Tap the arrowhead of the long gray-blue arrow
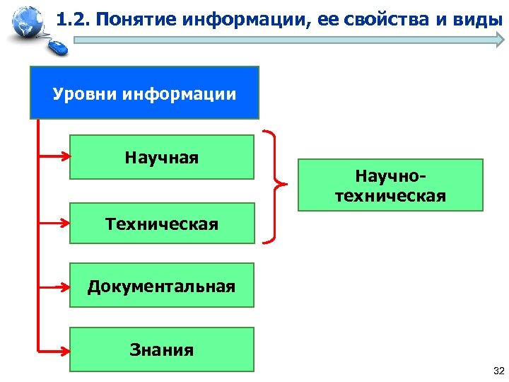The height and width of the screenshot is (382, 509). coord(494,40)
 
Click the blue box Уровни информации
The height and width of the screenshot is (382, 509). coord(144,93)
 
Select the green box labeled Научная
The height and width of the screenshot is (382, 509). coord(161,157)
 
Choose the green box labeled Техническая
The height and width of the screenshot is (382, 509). coord(161,224)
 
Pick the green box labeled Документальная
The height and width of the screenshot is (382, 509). coord(161,286)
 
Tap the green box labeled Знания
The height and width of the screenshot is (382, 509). coord(161,349)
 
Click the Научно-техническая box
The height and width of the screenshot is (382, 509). coord(390,185)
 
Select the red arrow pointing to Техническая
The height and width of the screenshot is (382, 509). coord(54,221)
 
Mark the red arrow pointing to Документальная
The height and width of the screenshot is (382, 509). coord(54,286)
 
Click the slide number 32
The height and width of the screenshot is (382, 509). coord(497,371)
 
